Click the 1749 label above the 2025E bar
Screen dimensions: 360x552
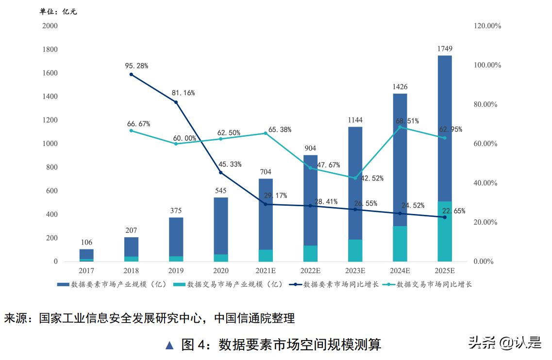(445, 49)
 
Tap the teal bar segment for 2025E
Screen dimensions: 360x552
(445, 231)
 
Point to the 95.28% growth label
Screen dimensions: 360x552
(136, 65)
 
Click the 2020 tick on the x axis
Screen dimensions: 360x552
(220, 271)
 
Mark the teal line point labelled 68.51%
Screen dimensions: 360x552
(400, 127)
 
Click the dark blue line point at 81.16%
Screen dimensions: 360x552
(176, 102)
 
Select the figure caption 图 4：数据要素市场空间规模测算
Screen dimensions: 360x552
(281, 344)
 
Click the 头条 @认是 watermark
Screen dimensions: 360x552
(505, 343)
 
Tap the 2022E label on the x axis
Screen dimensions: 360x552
(310, 271)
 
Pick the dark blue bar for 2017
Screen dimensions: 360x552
(86, 254)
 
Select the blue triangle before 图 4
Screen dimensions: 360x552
(169, 345)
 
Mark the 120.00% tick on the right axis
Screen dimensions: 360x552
(487, 26)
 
